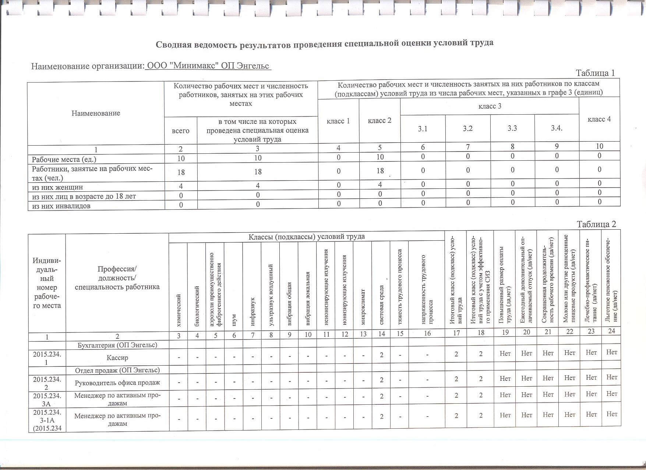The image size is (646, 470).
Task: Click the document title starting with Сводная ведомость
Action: point(324,43)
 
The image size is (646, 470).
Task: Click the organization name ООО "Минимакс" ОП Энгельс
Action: point(208,66)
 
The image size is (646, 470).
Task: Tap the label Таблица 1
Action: point(595,73)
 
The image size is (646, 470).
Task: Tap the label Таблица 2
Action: point(596,224)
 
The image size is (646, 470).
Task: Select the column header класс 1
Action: point(338,121)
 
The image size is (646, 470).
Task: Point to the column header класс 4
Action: point(599,119)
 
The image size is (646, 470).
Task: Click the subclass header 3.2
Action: point(467,128)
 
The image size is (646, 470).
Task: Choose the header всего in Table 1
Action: point(180,131)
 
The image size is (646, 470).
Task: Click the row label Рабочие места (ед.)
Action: point(64,160)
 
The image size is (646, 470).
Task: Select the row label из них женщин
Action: point(57,187)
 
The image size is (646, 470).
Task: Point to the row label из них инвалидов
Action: point(61,206)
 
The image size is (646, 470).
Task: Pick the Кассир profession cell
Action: point(117,358)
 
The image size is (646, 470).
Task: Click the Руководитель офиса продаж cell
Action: point(117,383)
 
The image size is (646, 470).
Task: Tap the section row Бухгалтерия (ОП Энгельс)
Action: point(117,345)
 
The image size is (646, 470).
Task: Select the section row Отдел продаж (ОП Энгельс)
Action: point(117,370)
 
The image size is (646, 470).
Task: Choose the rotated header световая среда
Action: point(381,306)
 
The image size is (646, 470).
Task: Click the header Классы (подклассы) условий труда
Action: point(306,237)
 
